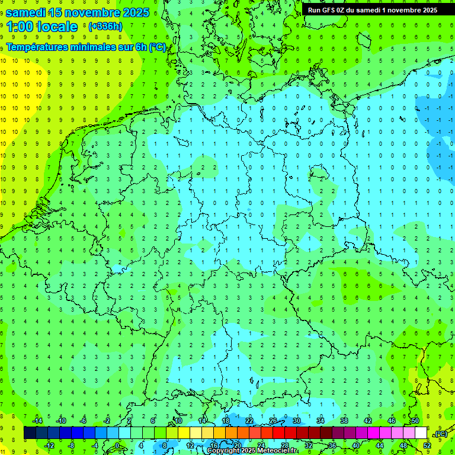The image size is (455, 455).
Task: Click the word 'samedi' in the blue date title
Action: (x=27, y=12)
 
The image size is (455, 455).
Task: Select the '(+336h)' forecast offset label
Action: (x=105, y=27)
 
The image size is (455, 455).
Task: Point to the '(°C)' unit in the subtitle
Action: (x=157, y=47)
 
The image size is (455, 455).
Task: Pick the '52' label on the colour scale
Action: (x=427, y=445)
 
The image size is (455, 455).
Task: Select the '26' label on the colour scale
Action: (x=273, y=421)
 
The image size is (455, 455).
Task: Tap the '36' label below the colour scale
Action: (x=332, y=445)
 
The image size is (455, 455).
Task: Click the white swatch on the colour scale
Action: (x=421, y=433)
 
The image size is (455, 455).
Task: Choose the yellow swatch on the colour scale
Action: (x=184, y=433)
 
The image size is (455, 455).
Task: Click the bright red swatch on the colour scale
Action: (x=278, y=433)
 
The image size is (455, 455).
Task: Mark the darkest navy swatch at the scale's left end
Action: (x=30, y=433)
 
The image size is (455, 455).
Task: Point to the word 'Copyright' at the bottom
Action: (x=224, y=451)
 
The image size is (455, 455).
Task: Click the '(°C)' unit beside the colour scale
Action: (x=441, y=434)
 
